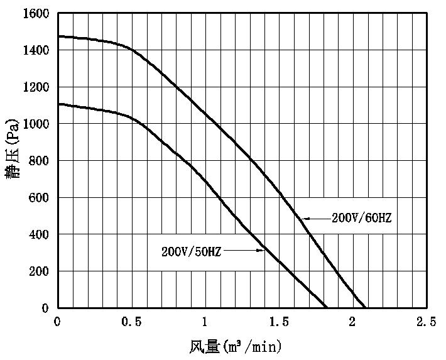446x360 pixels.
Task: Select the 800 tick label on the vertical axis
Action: point(40,161)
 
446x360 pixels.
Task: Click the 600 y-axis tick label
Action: point(40,198)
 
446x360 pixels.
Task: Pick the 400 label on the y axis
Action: point(40,234)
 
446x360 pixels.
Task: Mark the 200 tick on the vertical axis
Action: point(40,271)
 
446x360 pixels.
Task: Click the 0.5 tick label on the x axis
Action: point(131,322)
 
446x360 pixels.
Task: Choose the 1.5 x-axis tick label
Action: point(279,322)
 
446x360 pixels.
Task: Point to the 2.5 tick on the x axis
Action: point(427,322)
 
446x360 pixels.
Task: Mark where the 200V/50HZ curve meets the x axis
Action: point(327,308)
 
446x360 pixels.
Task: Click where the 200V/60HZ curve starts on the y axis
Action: point(58,36)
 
